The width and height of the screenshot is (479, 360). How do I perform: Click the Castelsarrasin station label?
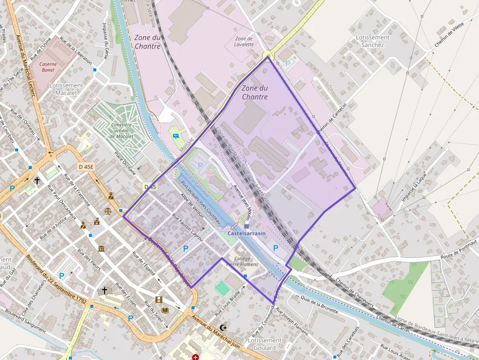(x=246, y=234)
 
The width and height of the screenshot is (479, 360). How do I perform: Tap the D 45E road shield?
(x=86, y=167)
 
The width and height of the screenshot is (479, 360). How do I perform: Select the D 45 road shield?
(x=150, y=187)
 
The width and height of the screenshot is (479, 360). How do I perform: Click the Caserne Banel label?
(x=48, y=67)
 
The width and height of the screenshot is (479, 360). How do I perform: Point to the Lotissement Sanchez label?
(x=372, y=41)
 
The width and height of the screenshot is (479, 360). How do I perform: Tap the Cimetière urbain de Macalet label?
(x=121, y=130)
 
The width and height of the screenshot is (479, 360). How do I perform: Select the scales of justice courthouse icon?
(x=108, y=211)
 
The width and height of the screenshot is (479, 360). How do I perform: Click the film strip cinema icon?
(x=158, y=299)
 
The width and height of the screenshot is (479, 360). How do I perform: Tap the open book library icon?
(x=165, y=310)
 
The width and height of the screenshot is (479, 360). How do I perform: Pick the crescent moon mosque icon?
(x=224, y=328)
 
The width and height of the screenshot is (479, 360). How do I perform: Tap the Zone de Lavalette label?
(x=244, y=42)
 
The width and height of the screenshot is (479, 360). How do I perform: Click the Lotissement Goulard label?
(x=264, y=344)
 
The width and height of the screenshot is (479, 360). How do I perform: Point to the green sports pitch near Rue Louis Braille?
(x=222, y=288)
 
